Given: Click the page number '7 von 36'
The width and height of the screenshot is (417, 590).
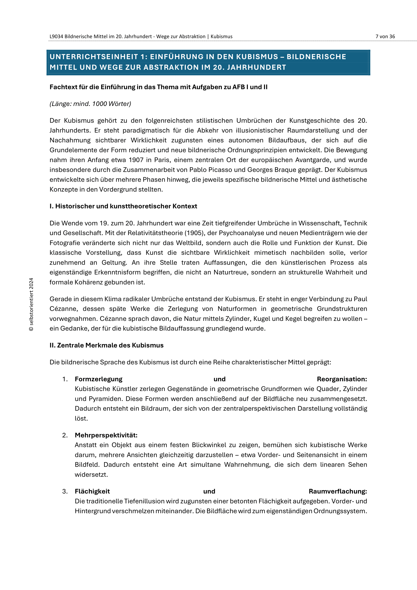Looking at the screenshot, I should point(385,37).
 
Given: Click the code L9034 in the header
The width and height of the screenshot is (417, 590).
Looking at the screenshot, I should point(56,37).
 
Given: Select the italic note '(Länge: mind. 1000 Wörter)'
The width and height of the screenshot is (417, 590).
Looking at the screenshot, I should point(91,104).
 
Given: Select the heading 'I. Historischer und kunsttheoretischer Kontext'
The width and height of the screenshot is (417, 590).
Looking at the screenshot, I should point(123,206).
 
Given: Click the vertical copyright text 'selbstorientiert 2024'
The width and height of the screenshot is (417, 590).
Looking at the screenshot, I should point(31,304).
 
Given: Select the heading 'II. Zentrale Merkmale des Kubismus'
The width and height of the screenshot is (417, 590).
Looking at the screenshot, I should point(107,345).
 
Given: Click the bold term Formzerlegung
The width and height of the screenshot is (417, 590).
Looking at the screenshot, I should point(99,379).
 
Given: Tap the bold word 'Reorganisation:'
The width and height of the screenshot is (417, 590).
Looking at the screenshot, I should point(342,379).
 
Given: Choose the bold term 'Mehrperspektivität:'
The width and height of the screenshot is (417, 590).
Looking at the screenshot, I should point(106,435).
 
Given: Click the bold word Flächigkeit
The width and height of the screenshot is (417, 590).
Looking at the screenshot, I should point(92,492).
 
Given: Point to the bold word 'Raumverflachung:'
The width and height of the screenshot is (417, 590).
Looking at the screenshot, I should point(338,492).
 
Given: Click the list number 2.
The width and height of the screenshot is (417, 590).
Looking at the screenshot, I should point(65,435).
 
